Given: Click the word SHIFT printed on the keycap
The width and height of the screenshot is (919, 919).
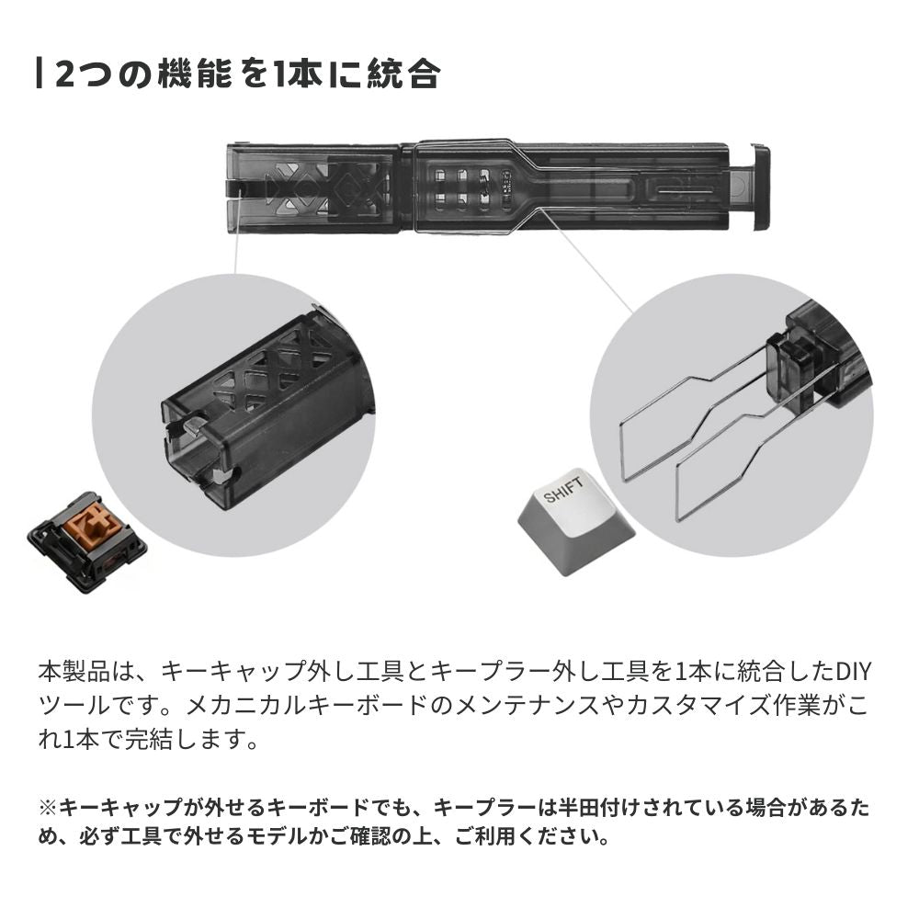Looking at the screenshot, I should (563, 494).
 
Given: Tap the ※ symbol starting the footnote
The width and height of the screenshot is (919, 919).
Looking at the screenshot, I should (48, 810).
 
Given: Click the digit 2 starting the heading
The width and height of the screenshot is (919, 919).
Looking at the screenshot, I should (65, 74).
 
